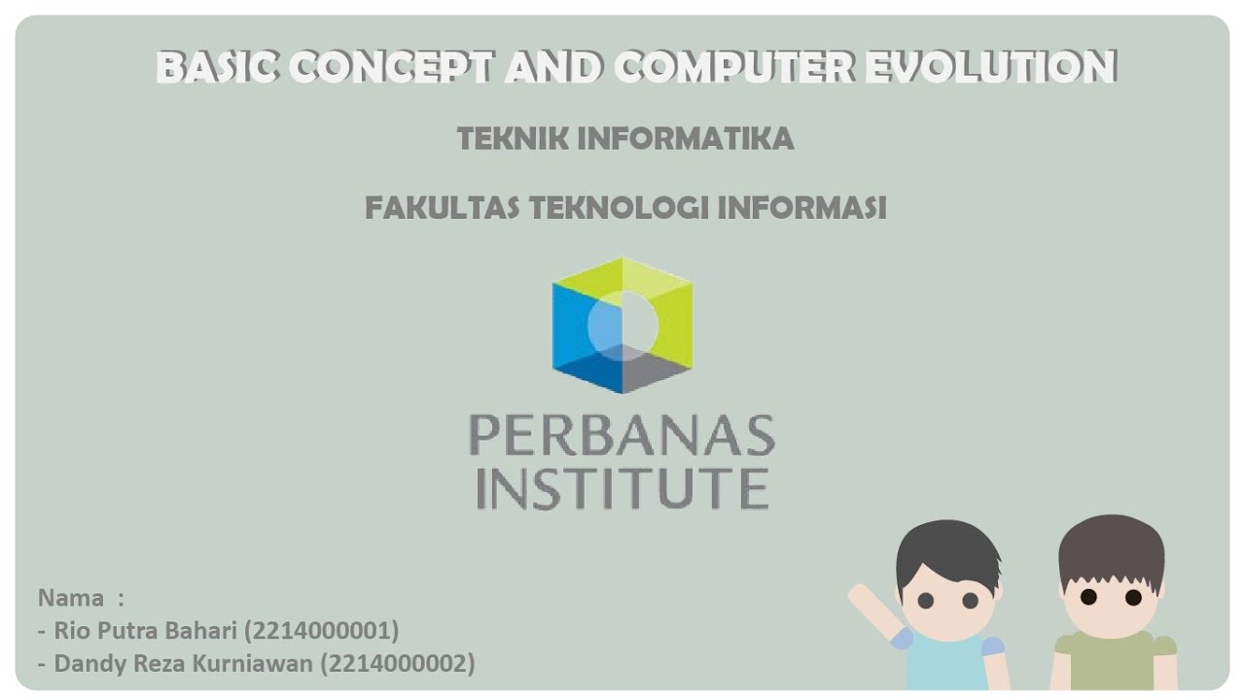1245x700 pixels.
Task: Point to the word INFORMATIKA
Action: [x=686, y=139]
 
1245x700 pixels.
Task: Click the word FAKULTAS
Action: [x=443, y=208]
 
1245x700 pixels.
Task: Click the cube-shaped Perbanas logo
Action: [x=622, y=325]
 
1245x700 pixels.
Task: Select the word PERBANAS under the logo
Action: [x=622, y=435]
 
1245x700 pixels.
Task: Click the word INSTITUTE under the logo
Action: [x=622, y=488]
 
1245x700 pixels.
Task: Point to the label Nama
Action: [x=71, y=597]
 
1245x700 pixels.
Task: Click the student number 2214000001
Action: [x=321, y=631]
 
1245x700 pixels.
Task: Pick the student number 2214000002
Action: [x=397, y=664]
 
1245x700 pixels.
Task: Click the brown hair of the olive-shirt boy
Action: [x=1111, y=544]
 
